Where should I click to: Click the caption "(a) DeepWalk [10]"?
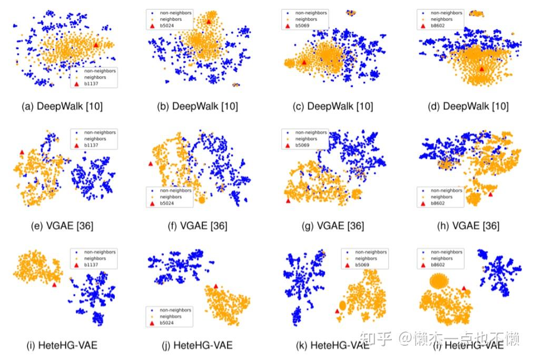tap(62, 106)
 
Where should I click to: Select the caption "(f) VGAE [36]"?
tap(198, 226)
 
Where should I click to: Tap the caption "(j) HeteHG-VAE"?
tap(197, 346)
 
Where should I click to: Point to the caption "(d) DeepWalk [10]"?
tap(468, 106)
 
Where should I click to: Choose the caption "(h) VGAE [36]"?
tap(468, 226)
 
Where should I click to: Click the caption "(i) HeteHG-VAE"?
tap(62, 346)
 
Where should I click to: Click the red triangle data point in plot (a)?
tap(95, 45)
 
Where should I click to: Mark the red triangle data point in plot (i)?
tap(54, 285)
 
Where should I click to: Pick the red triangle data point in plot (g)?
tap(288, 200)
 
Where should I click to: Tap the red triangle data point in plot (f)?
tap(151, 164)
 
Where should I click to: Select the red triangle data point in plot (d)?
tap(481, 69)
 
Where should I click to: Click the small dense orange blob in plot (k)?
tap(342, 305)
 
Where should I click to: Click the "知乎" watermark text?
tap(380, 338)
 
